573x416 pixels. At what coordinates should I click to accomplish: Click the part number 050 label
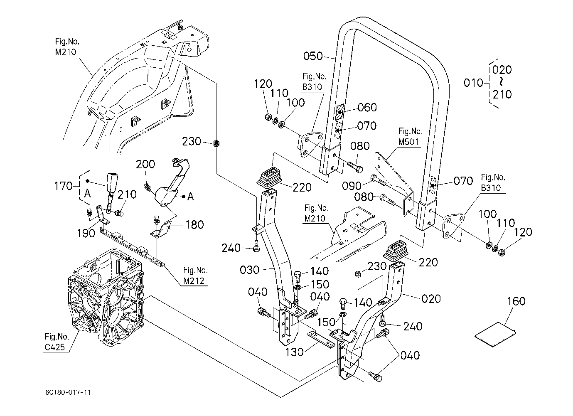coord(313,56)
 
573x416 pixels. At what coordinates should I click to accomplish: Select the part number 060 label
coord(367,107)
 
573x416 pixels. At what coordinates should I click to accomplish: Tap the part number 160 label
coord(516,301)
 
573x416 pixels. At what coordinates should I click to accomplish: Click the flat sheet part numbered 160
coord(495,334)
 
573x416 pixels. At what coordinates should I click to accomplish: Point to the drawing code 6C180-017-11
coord(69,392)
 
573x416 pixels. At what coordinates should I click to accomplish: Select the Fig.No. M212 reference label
coord(195,276)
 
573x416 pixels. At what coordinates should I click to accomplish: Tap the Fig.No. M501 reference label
coord(410,136)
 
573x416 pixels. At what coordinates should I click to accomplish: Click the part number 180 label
coord(194,225)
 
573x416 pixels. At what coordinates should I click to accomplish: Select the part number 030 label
coord(250,270)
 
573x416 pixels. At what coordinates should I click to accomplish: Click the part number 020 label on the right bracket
coord(431,298)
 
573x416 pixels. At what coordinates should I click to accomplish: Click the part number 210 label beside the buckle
coord(127,194)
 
